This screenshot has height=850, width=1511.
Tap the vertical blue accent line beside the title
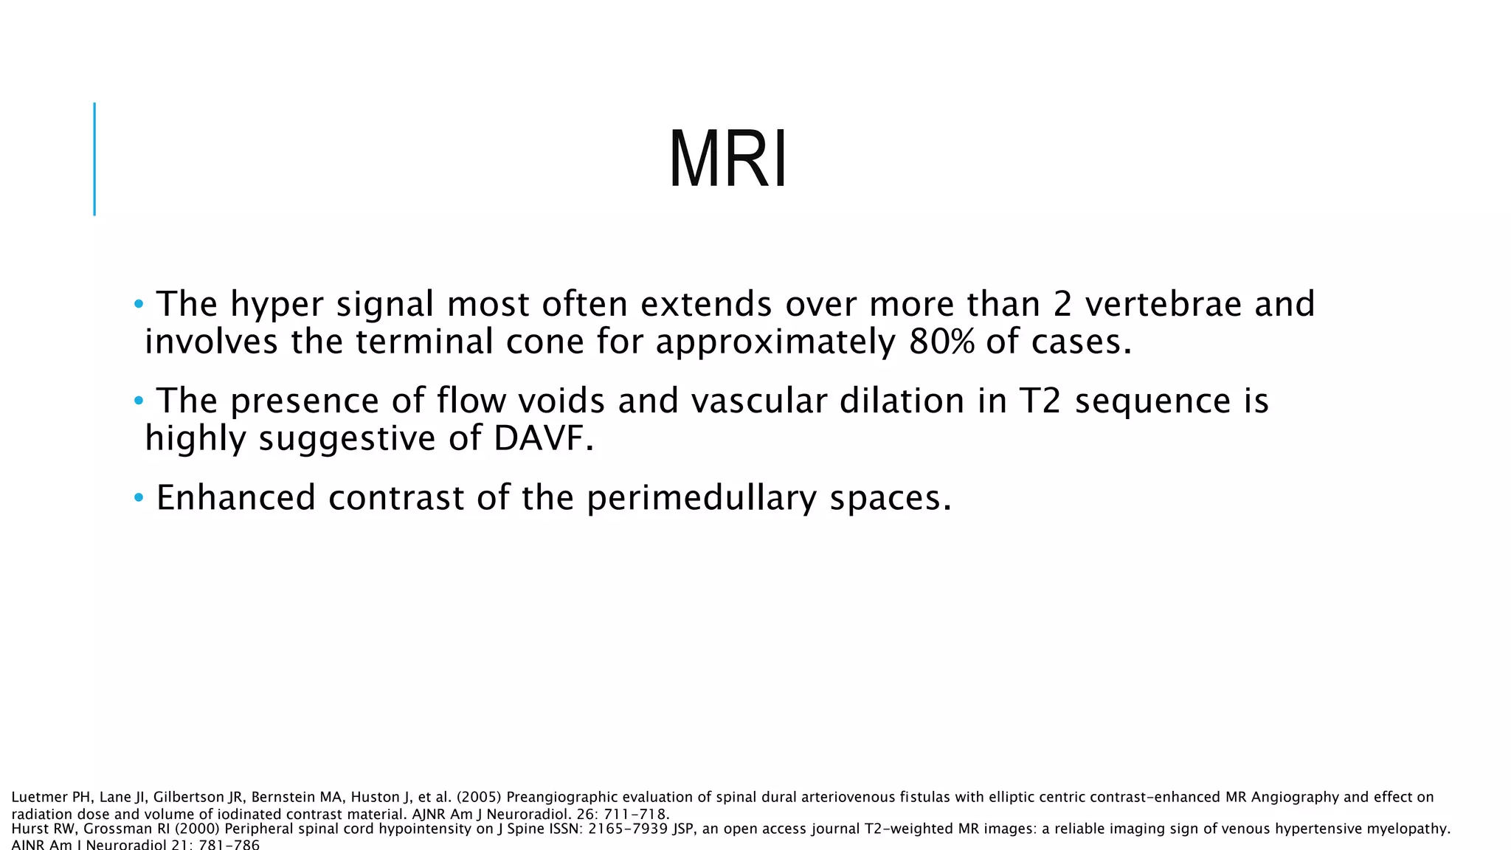94,159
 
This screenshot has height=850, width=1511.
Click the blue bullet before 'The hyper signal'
139,304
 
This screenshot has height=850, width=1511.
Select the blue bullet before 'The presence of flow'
139,401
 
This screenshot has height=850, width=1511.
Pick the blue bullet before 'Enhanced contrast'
139,498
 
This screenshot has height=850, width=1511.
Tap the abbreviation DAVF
543,438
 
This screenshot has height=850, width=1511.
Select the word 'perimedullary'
702,498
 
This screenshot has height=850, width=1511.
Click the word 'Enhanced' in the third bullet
236,498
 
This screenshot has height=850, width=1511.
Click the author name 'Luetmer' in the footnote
39,798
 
